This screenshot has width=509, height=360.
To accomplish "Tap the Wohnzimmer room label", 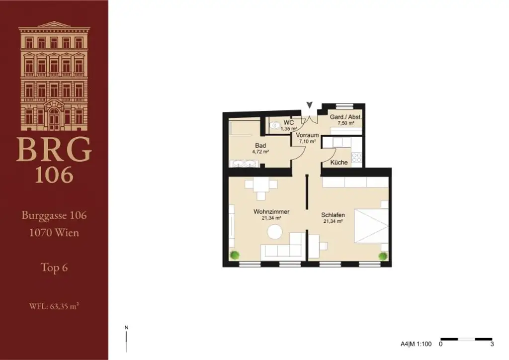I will coord(271,211).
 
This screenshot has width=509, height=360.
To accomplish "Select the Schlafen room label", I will coord(334,215).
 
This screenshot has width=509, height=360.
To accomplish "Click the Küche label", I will coord(339,162).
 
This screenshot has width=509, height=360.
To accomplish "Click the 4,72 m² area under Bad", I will coord(259,152).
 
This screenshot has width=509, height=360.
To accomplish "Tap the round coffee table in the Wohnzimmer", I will coord(274,232).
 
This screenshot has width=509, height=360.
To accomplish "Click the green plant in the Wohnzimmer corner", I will coord(234,256).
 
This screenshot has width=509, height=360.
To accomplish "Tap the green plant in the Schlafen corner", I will coord(382,256).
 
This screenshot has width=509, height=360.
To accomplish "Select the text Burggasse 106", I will coord(54,216).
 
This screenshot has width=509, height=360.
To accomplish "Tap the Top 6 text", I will coord(54,268).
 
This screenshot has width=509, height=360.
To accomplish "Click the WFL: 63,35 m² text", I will coord(54,306).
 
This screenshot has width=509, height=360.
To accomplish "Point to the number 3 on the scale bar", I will coord(492,344).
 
